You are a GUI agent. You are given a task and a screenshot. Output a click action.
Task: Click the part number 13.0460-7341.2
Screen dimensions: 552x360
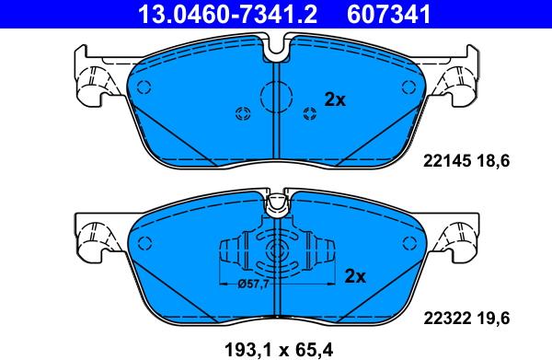pos(228,14)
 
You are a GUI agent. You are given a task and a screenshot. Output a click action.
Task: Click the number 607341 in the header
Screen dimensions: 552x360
pos(388,14)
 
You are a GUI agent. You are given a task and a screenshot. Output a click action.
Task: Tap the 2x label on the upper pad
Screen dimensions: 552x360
pos(335,100)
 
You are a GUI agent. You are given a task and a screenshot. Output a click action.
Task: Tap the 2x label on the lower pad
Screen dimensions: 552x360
pos(355,276)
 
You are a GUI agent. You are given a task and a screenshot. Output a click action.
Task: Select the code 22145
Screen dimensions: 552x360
pos(447,161)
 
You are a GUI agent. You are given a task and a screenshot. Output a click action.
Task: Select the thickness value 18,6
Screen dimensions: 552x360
pos(493,162)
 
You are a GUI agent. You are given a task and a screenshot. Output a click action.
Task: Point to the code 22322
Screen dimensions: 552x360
pos(447,319)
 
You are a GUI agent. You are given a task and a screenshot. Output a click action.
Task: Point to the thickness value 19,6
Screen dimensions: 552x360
pos(493,319)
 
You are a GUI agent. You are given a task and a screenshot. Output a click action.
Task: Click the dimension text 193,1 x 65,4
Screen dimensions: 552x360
pos(279,350)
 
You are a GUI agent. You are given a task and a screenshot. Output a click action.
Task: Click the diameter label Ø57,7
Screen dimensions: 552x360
pos(253,284)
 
